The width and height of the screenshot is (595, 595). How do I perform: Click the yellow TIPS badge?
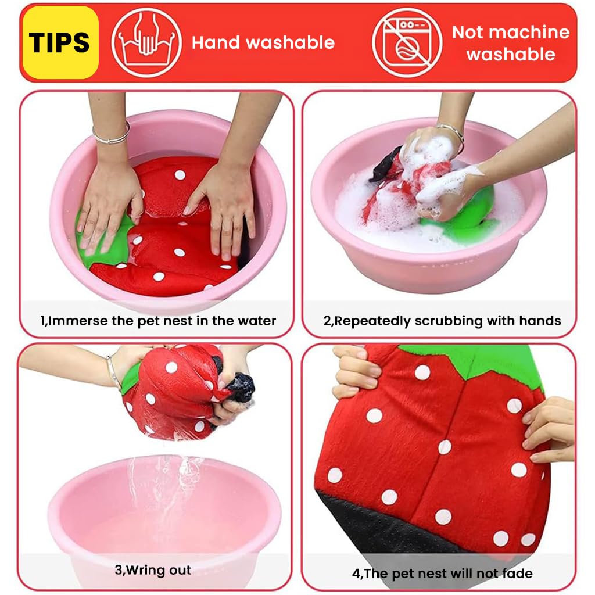pyautogui.click(x=60, y=42)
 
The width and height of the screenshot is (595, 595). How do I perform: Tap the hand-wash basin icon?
pyautogui.click(x=146, y=42)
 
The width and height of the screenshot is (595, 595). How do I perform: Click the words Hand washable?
pyautogui.click(x=263, y=42)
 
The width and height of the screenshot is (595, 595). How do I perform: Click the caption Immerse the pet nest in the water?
pyautogui.click(x=157, y=321)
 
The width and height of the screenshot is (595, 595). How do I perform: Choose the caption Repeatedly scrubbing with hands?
pyautogui.click(x=442, y=321)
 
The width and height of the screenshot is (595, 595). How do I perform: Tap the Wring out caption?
pyautogui.click(x=153, y=570)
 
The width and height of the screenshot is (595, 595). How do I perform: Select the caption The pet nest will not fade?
pyautogui.click(x=442, y=574)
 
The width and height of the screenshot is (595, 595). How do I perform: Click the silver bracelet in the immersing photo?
pyautogui.click(x=111, y=137)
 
